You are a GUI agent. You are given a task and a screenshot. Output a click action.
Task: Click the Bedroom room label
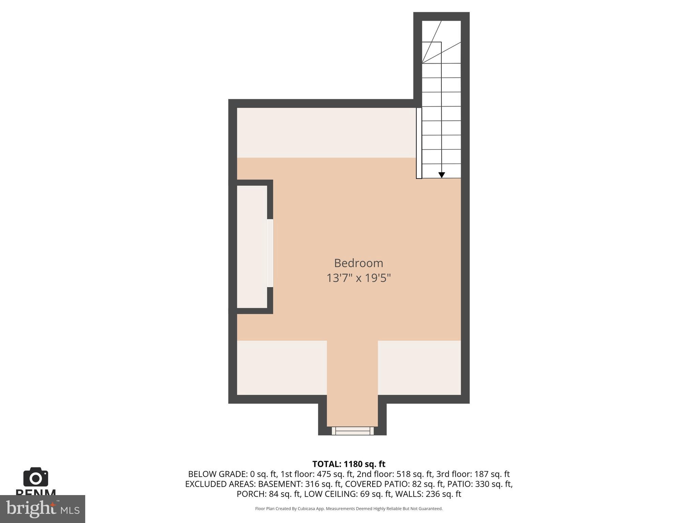coord(358,263)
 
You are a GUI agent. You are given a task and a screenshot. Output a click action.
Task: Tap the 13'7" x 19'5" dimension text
coord(358,278)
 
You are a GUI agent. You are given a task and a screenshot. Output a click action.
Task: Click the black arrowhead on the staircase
coord(441,175)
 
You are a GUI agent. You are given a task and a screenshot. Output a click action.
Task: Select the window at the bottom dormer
coord(352,431)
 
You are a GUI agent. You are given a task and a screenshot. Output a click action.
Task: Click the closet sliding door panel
coord(270,253)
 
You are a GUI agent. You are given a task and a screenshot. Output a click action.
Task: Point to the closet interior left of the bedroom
coord(252,247)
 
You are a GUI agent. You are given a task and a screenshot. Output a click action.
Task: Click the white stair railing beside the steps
coord(419,143)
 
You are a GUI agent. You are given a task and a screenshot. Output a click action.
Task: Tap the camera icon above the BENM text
coord(35,477)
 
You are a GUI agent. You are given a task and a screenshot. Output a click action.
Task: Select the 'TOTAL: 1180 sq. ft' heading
coord(349,464)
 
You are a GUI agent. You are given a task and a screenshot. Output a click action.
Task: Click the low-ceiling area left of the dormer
coord(282,368)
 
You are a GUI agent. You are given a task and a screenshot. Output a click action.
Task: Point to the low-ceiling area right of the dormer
coord(419,368)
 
